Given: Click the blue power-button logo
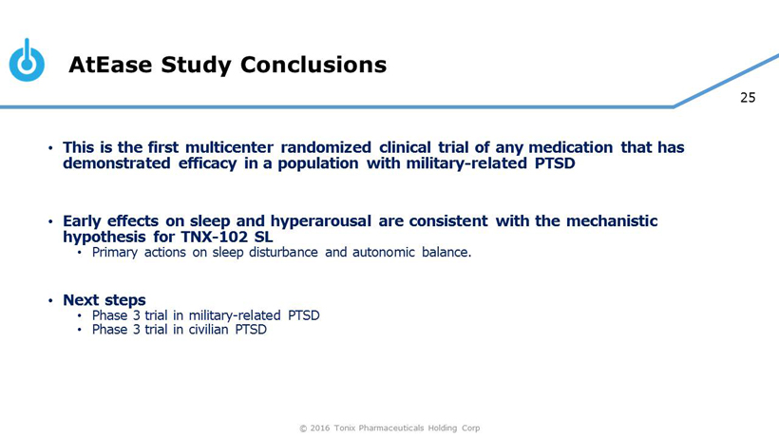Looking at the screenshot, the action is tap(27, 60).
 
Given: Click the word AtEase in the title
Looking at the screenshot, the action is tap(110, 65).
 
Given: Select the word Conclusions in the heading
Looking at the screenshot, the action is tap(313, 65).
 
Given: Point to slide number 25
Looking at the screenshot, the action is tap(748, 97).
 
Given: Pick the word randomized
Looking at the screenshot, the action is tap(326, 147).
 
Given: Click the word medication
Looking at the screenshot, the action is tap(570, 147).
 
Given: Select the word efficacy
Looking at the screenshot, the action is tap(208, 163).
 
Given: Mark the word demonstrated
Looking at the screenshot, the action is tap(117, 163).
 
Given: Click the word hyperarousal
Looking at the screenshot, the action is tap(320, 221).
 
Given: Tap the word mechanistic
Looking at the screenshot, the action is tap(612, 221).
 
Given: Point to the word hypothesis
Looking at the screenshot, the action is tap(104, 237).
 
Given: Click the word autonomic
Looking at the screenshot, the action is tap(384, 253).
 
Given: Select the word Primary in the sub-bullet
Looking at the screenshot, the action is tap(115, 253).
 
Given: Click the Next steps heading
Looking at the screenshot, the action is tap(104, 300).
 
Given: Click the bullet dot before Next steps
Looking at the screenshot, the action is tap(50, 300).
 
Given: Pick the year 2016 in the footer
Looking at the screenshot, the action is tap(319, 428).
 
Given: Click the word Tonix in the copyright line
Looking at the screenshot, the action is tap(344, 428).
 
